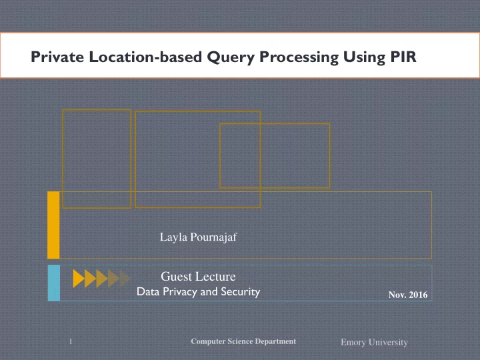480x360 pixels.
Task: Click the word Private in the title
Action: pos(57,57)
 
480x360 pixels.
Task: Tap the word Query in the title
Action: pos(231,57)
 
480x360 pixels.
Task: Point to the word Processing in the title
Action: pos(299,57)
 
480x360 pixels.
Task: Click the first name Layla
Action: pos(173,237)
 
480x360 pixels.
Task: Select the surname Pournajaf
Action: pos(214,237)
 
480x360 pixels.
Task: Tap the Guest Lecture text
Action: pos(198,277)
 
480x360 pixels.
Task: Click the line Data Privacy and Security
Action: pos(199,292)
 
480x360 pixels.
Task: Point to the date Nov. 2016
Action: pos(408,295)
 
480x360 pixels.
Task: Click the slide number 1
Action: pos(71,341)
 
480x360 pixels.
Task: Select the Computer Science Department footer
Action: pos(243,341)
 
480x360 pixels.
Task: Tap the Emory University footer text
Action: pos(374,342)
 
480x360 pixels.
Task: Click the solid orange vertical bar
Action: pos(53,225)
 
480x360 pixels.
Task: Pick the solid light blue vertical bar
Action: pos(54,283)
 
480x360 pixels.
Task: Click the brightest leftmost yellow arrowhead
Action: pos(79,279)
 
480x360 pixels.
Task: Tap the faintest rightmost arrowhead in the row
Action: pos(125,279)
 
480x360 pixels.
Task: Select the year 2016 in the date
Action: pos(418,295)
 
